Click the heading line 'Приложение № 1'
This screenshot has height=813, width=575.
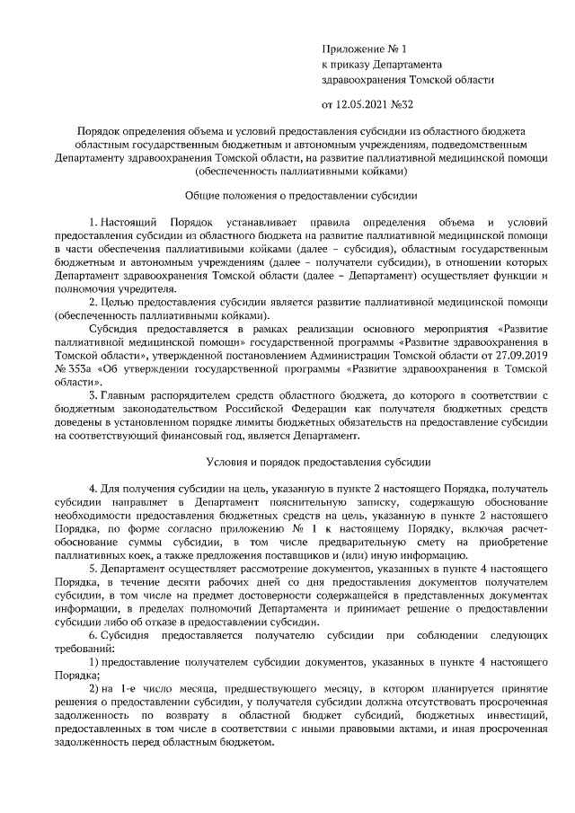point(364,49)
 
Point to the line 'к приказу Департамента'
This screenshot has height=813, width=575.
point(381,65)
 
